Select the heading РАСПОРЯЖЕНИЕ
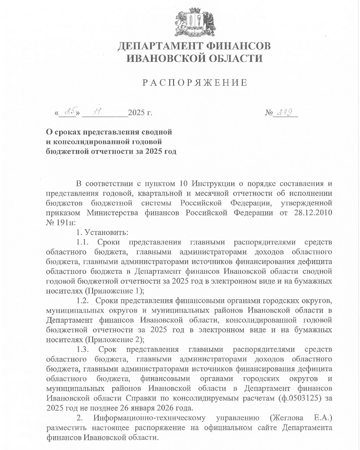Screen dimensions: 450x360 tap(194, 83)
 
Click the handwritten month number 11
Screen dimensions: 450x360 tap(98, 112)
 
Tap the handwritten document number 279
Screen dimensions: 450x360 tap(286, 112)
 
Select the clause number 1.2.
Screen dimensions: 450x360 tap(84, 301)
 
